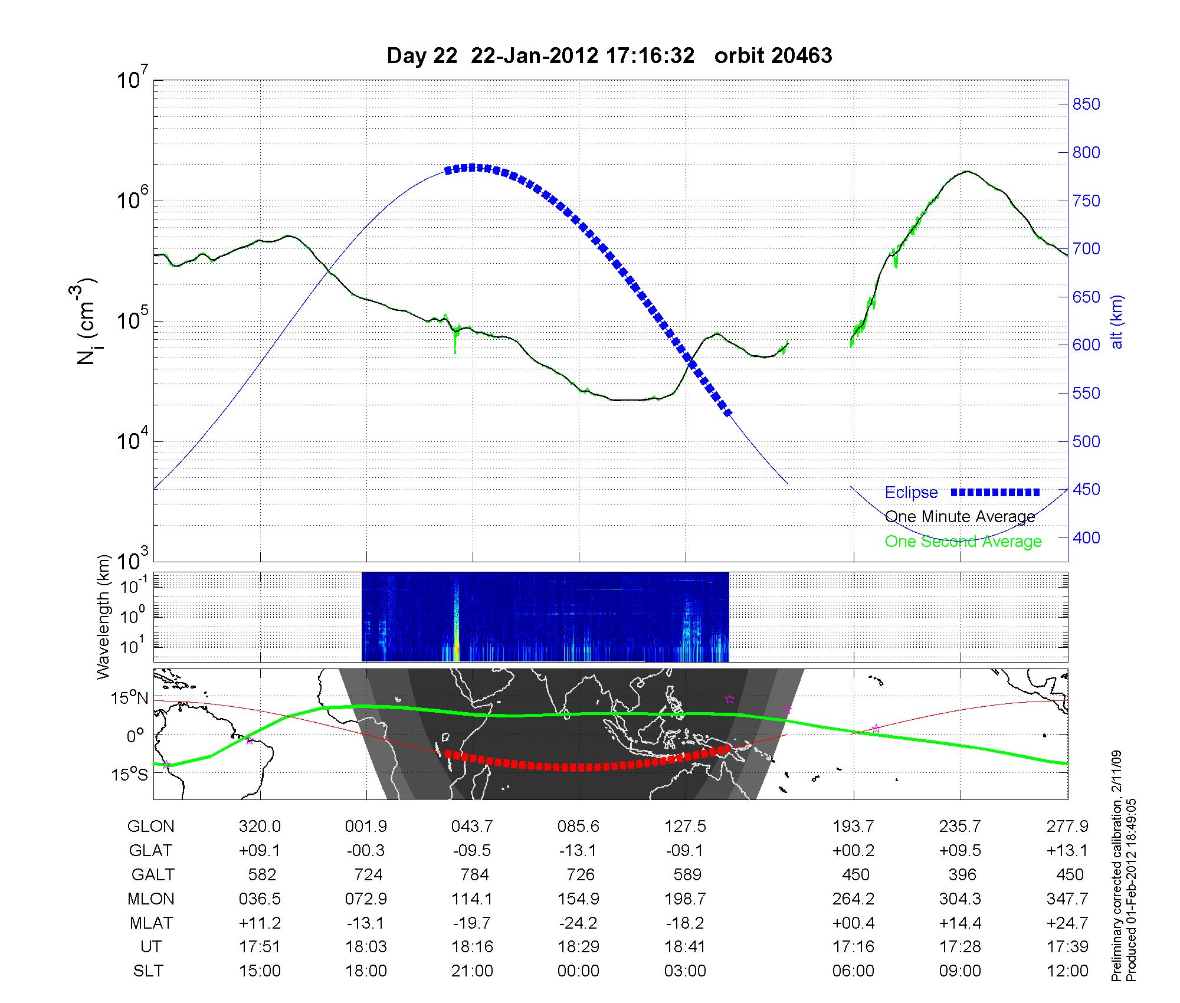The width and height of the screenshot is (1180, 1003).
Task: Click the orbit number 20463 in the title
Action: pos(773,55)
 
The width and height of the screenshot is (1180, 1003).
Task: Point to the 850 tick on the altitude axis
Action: pos(1086,104)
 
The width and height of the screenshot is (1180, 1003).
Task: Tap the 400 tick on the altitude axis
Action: pos(1086,537)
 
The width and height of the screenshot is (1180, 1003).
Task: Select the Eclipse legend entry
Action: pos(912,493)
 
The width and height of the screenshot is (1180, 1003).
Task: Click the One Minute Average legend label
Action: pos(960,517)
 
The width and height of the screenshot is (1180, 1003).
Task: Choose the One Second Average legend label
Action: pos(963,542)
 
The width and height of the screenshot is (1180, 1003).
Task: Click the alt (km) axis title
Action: pos(1117,322)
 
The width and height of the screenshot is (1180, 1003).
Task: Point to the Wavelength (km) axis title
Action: pos(104,617)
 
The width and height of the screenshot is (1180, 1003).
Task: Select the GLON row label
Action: pos(150,827)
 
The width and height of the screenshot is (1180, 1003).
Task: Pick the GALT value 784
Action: pos(474,874)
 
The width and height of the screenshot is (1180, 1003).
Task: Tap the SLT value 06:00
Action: pos(853,971)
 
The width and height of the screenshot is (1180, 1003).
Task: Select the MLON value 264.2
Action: pos(853,899)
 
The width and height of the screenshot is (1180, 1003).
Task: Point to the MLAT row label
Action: pos(150,923)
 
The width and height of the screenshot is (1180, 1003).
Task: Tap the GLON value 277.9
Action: pos(1067,827)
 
